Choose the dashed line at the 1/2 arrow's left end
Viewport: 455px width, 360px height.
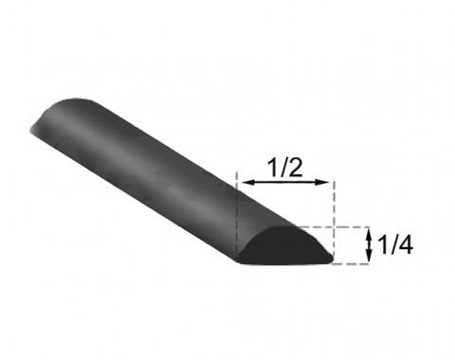tap(235, 199)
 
